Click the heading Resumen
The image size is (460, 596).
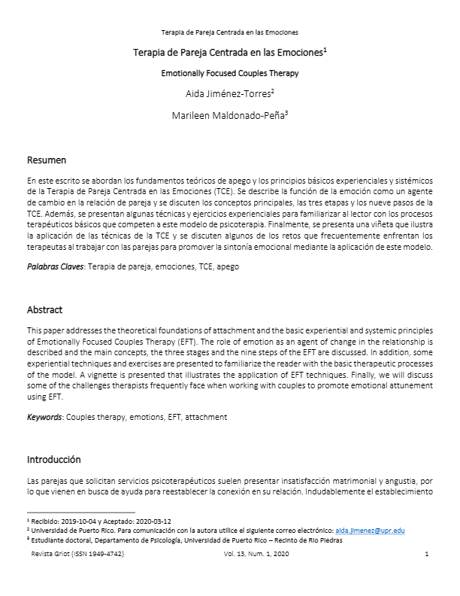point(47,160)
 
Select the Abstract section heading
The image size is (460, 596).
point(45,310)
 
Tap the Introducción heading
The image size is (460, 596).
point(54,459)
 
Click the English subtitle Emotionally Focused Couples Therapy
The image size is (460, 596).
point(230,74)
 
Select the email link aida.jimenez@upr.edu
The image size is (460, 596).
point(370,530)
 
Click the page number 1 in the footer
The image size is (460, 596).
point(426,555)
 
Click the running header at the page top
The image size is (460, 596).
point(230,33)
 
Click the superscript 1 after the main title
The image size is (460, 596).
point(324,50)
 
